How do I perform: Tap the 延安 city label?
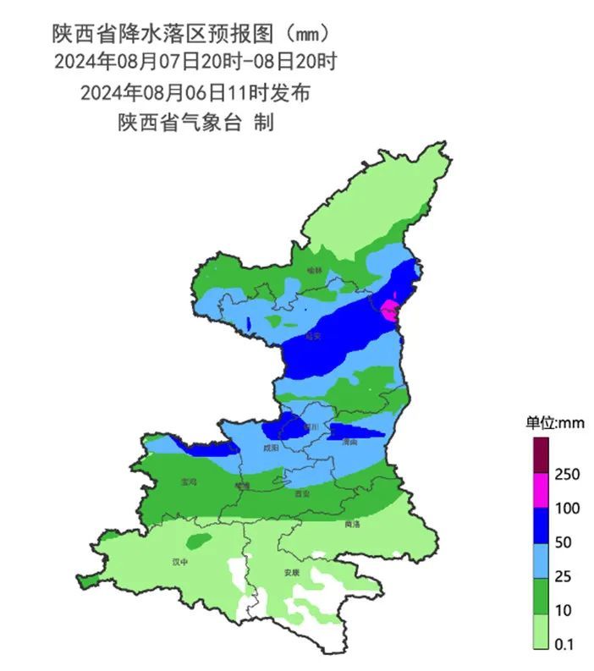314,336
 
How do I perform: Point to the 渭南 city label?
349,442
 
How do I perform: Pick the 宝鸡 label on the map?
189,481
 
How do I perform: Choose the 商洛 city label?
352,524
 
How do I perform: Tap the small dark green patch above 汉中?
199,541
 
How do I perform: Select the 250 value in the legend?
566,474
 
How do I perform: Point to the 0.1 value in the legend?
565,645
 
